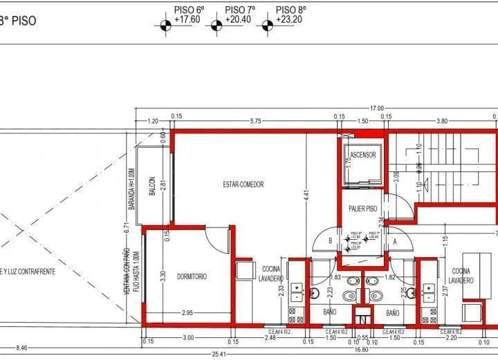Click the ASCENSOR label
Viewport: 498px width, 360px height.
[363, 155]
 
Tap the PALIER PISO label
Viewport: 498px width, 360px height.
[362, 208]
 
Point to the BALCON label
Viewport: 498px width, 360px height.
[152, 187]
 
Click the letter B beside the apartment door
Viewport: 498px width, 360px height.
[330, 241]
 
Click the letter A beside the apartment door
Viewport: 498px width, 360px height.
[394, 241]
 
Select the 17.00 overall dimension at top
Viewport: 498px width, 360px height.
[377, 108]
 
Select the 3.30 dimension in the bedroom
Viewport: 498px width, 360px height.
[163, 275]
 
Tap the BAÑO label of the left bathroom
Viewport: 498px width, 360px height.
[330, 313]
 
